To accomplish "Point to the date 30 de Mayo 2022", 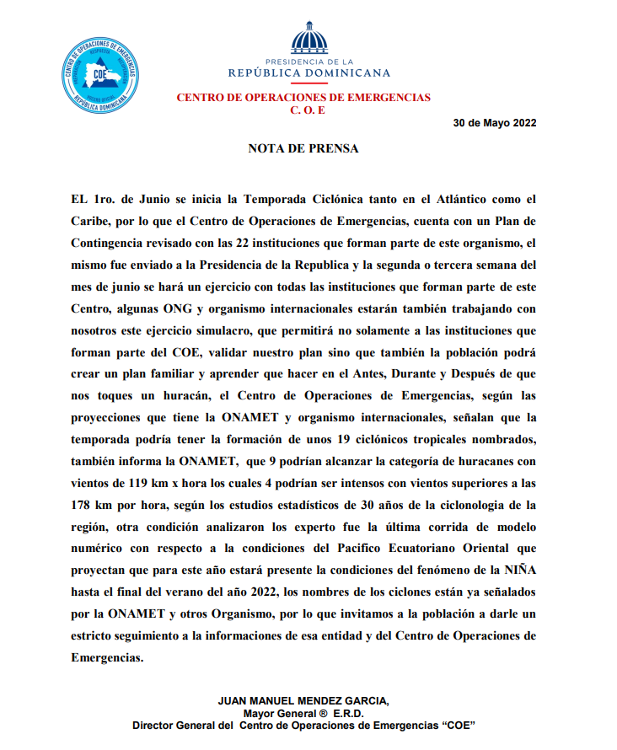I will coord(495,122).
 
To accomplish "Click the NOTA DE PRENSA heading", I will coord(303,148).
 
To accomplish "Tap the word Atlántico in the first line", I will coord(446,201).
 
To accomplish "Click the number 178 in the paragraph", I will coord(85,505).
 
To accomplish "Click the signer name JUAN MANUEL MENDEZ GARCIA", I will coord(303,701).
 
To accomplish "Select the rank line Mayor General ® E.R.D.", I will coord(303,713).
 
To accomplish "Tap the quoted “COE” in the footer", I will coord(453,725).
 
